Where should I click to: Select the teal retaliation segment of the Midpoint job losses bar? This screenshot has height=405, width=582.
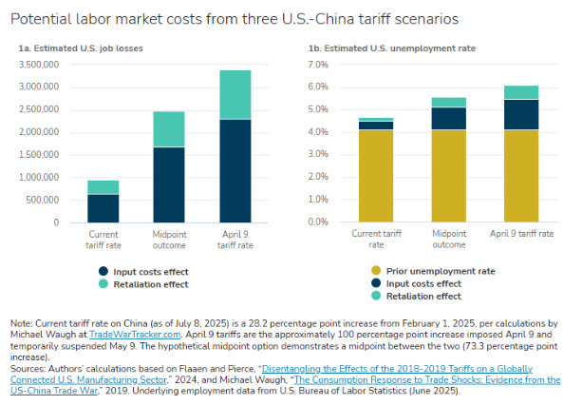click(x=170, y=129)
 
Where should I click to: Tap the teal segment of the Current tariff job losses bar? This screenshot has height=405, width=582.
click(x=103, y=187)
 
